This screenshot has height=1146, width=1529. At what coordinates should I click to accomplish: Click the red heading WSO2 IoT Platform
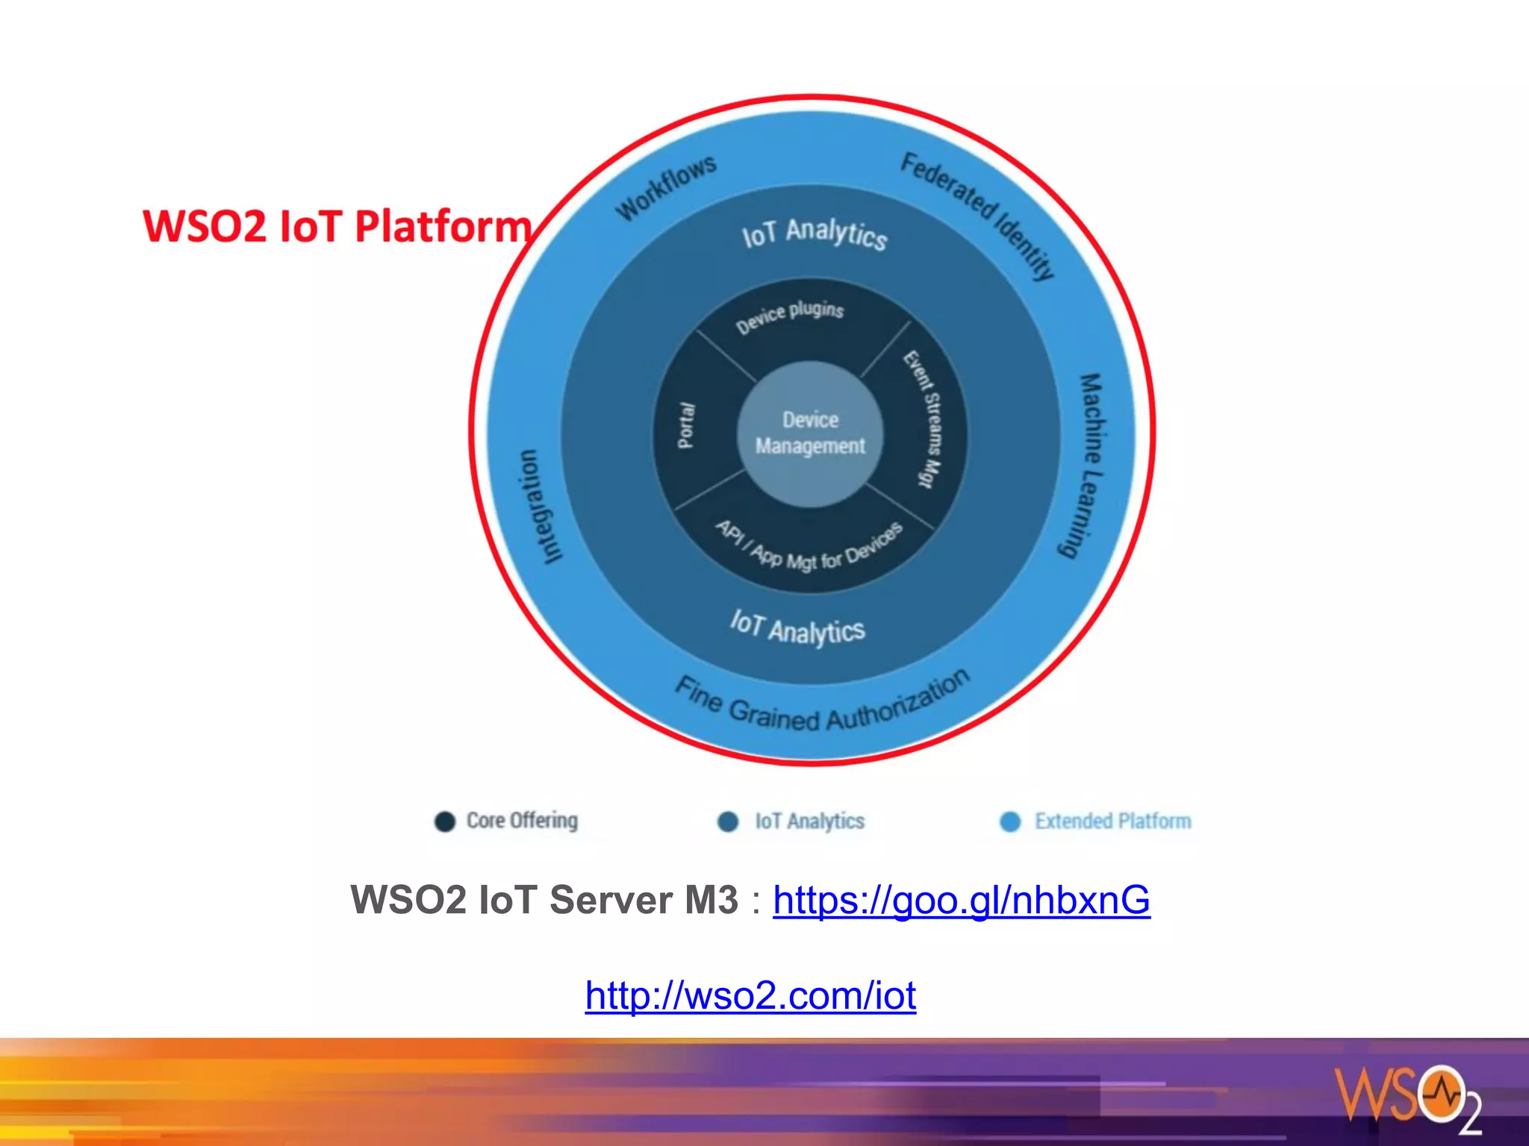click(337, 226)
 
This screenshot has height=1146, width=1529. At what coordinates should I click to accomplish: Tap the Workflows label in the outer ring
click(666, 188)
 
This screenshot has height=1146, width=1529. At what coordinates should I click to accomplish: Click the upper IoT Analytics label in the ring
click(814, 234)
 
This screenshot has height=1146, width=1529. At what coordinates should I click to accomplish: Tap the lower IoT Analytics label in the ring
click(797, 628)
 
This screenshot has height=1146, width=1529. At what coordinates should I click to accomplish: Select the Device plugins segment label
click(790, 316)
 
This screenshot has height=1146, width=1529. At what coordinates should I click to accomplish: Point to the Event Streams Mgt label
click(924, 419)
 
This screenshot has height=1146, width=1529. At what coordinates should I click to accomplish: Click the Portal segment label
click(685, 426)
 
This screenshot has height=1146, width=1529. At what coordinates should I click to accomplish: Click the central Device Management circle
click(810, 433)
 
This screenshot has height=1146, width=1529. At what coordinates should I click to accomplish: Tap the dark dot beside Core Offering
click(445, 821)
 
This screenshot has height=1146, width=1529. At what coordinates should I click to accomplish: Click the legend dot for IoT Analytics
click(728, 821)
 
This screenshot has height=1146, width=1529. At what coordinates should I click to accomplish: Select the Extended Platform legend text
click(1112, 821)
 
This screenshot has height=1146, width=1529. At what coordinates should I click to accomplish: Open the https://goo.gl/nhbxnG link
click(961, 900)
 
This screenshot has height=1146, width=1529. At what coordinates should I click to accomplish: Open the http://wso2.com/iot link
click(750, 995)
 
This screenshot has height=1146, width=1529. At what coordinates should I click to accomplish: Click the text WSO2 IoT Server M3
click(544, 900)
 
